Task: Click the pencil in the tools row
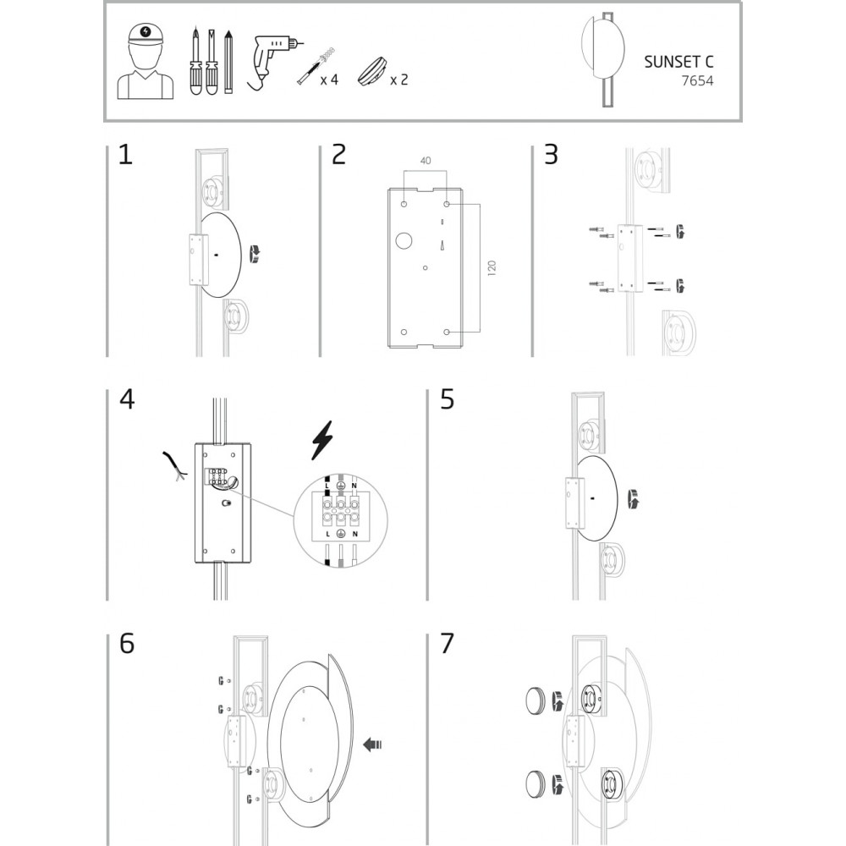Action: pyautogui.click(x=228, y=62)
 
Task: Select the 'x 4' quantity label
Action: pyautogui.click(x=329, y=80)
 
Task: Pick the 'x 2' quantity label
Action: pyautogui.click(x=399, y=80)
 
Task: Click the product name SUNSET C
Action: pyautogui.click(x=678, y=62)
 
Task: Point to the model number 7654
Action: pyautogui.click(x=697, y=81)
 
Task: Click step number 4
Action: pyautogui.click(x=127, y=399)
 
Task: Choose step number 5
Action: pyautogui.click(x=448, y=399)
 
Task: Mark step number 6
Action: pyautogui.click(x=127, y=644)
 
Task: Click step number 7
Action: pyautogui.click(x=448, y=644)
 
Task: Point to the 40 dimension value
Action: pyautogui.click(x=426, y=161)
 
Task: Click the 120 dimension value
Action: pyautogui.click(x=491, y=268)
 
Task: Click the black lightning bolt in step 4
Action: pyautogui.click(x=322, y=440)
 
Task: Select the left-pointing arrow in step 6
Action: pyautogui.click(x=372, y=744)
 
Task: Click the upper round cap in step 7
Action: pyautogui.click(x=536, y=700)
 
